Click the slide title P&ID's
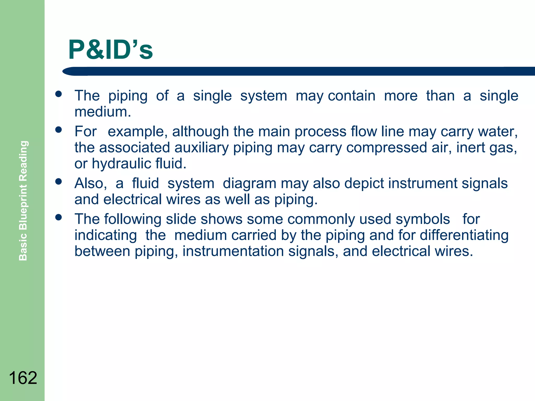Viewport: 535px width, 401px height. click(x=110, y=50)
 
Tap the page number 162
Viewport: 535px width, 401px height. click(x=23, y=378)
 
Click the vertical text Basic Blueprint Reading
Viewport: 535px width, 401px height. click(x=23, y=200)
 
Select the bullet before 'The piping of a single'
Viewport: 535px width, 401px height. click(x=59, y=94)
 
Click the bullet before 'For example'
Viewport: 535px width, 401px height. click(x=59, y=129)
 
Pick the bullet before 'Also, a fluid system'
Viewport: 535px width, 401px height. click(x=59, y=181)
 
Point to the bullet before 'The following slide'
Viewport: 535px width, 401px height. click(x=59, y=217)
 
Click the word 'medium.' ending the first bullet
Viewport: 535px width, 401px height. click(x=103, y=112)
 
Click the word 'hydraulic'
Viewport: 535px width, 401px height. click(x=121, y=164)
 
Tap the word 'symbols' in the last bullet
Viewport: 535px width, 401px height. click(x=423, y=219)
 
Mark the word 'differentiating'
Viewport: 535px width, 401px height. click(x=464, y=235)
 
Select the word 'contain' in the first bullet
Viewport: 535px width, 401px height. click(x=352, y=96)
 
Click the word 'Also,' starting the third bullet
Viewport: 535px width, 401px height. click(x=91, y=183)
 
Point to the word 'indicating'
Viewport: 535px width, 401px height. click(x=106, y=235)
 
